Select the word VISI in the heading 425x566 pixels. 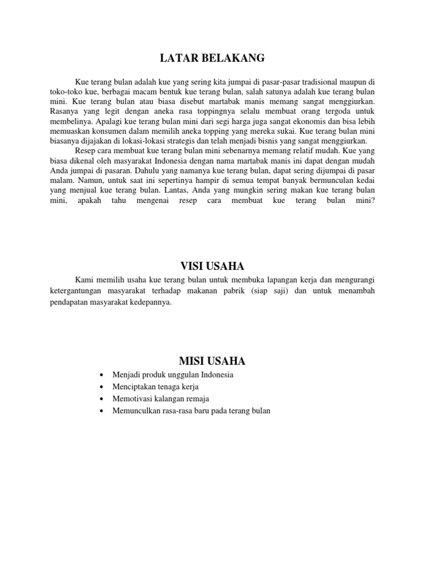pyautogui.click(x=193, y=266)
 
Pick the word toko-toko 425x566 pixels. pyautogui.click(x=67, y=91)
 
